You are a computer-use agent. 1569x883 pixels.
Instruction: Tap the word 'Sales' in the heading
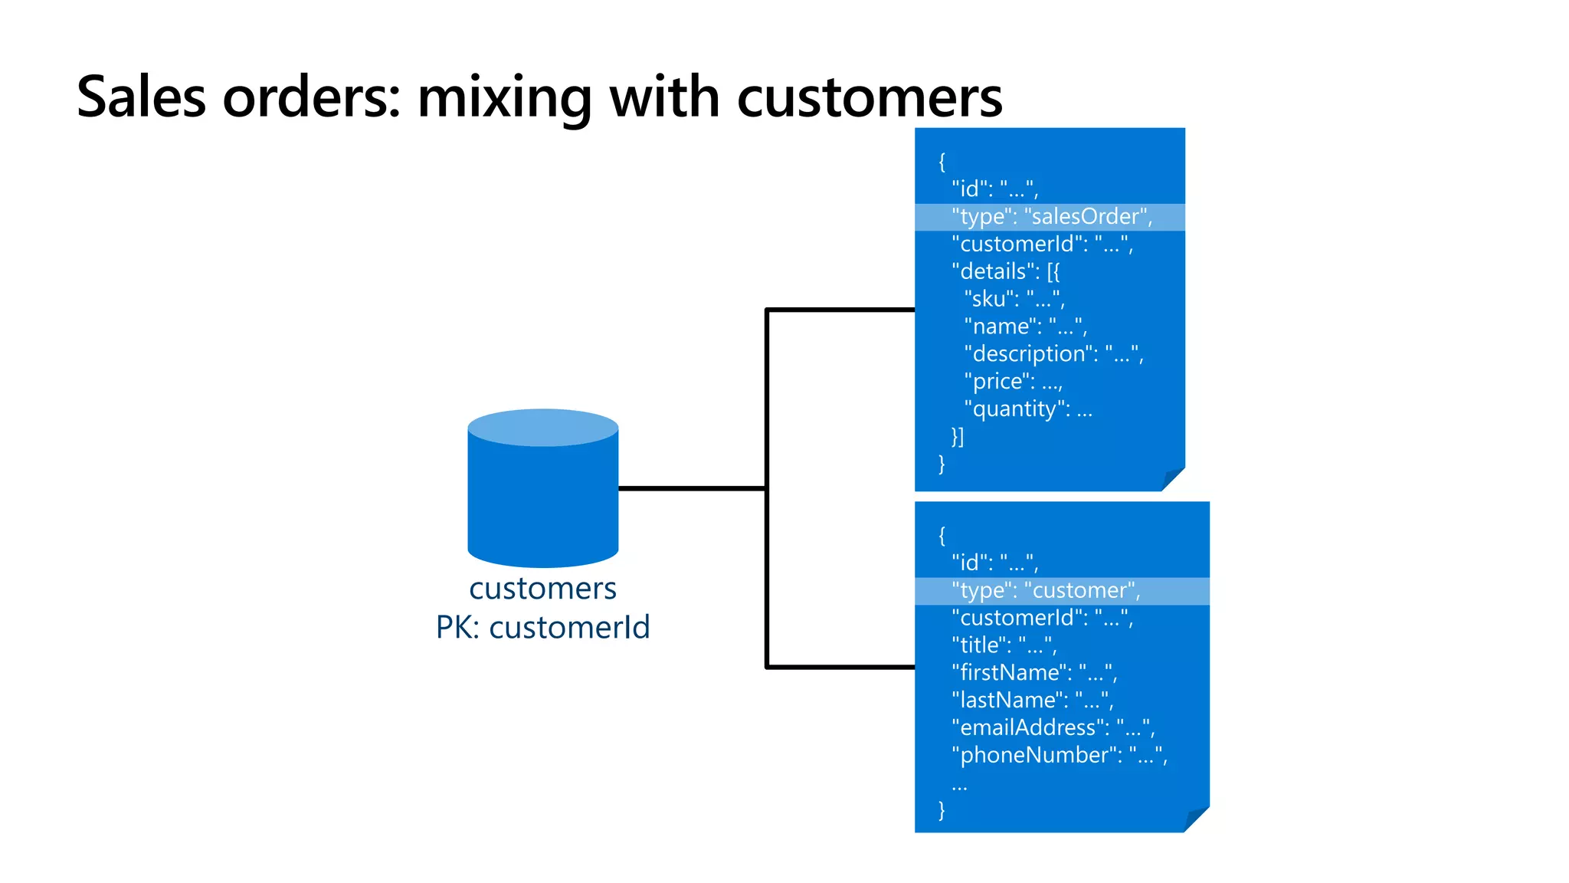pos(142,98)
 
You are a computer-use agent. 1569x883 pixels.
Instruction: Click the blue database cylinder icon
pos(542,491)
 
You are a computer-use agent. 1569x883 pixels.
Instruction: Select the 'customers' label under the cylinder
pos(542,589)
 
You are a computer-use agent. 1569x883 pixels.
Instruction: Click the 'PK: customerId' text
pos(542,628)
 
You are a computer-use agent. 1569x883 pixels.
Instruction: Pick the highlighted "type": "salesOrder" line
pos(1051,217)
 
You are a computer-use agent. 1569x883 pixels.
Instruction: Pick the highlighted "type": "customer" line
pos(1046,591)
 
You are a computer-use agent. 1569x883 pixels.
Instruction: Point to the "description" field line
pos(1053,354)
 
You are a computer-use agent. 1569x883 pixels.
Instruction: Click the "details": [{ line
pos(1005,271)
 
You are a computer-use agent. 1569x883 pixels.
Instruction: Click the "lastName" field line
pos(1032,701)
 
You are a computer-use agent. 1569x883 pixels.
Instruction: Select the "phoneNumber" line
pos(1059,756)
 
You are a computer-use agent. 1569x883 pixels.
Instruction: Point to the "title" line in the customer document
pos(1004,645)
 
